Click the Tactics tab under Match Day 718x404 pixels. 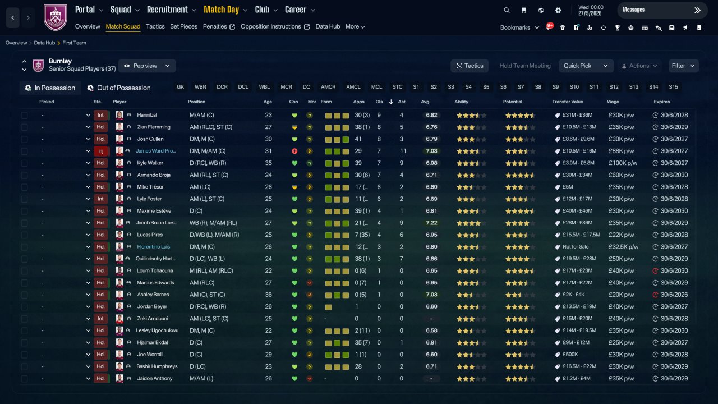[x=155, y=26]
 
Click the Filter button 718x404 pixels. [x=683, y=66]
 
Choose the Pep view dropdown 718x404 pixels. [x=147, y=66]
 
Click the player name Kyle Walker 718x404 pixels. [x=150, y=163]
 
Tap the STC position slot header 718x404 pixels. [x=397, y=87]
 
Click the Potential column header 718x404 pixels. [x=513, y=102]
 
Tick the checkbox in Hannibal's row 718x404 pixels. [x=24, y=115]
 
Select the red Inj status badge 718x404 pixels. [x=100, y=151]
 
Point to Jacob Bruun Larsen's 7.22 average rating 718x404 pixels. [x=431, y=223]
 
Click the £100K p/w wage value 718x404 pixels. [x=623, y=163]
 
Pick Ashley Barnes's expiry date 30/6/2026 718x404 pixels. [x=674, y=295]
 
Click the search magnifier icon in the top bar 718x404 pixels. [x=507, y=10]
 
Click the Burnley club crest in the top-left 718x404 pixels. [x=56, y=17]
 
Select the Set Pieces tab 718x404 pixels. [x=183, y=26]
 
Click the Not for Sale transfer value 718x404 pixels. [x=576, y=247]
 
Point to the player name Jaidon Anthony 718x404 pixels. [x=155, y=378]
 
